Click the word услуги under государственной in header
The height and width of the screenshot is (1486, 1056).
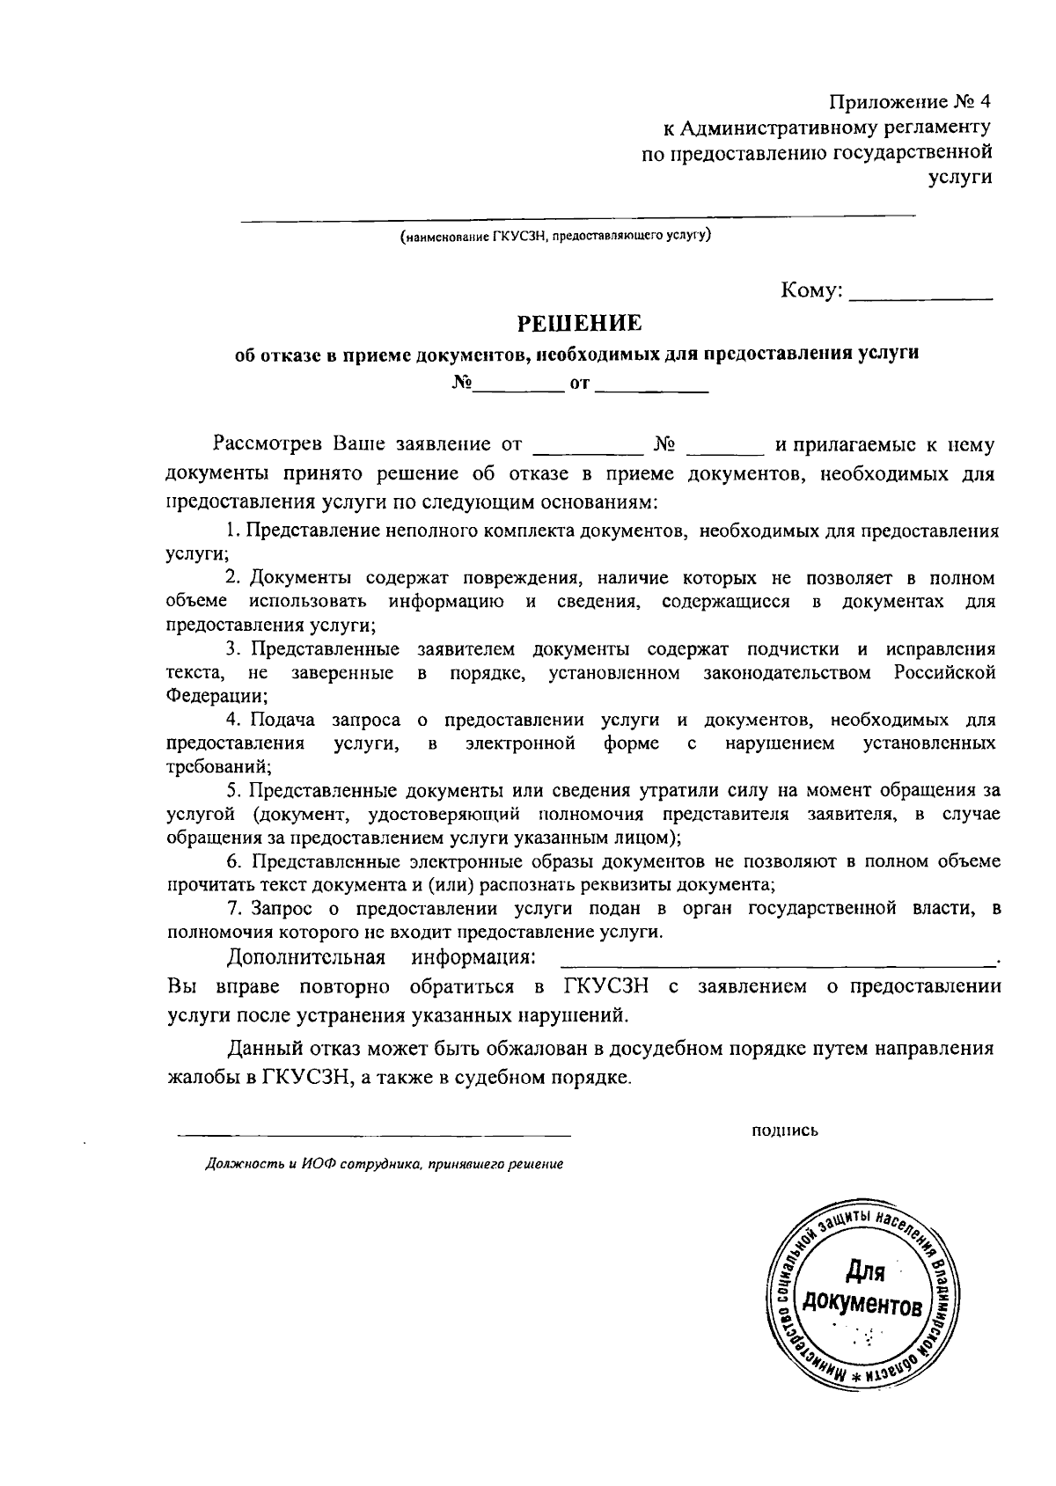(960, 178)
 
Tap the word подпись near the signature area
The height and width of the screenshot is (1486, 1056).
(785, 1131)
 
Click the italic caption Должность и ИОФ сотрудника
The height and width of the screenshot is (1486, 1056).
(384, 1164)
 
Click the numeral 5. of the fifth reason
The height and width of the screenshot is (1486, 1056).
(232, 790)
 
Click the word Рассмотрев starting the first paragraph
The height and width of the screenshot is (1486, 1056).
(263, 445)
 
